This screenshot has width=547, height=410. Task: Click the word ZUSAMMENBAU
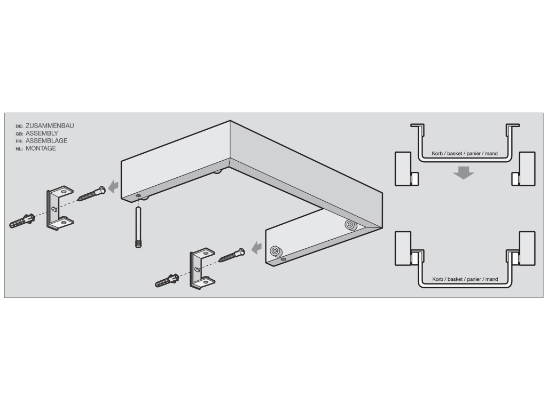[x=50, y=126]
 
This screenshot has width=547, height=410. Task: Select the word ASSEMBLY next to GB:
[x=42, y=133]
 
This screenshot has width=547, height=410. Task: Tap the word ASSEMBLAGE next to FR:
[x=47, y=141]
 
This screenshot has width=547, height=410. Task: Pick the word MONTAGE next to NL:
[x=41, y=148]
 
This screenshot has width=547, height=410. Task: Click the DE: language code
[x=19, y=127]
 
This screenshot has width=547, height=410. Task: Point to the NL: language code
[x=19, y=149]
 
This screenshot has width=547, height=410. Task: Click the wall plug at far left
[x=22, y=220]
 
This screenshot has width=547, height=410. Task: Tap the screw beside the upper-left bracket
[x=91, y=193]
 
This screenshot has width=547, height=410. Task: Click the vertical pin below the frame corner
[x=138, y=227]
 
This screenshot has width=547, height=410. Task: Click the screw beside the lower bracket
[x=232, y=255]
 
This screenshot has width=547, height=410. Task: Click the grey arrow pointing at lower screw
[x=256, y=248]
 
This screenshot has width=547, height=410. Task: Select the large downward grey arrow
[x=464, y=172]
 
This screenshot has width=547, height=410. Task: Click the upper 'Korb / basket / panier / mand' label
[x=465, y=153]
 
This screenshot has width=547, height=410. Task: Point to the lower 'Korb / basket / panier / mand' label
[x=465, y=279]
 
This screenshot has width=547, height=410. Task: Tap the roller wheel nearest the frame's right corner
[x=350, y=225]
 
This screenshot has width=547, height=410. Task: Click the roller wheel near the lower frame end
[x=276, y=251]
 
